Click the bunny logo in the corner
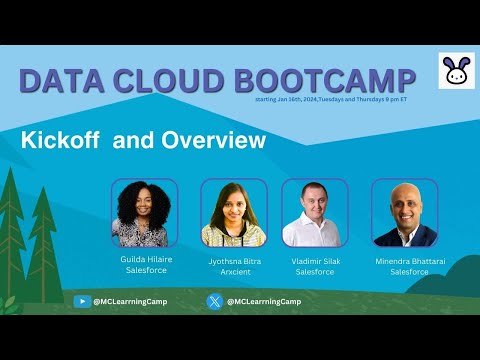coord(455,72)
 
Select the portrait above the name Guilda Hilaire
coord(144,213)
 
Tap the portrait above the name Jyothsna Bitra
coord(234,213)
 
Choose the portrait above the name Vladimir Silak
coord(314,213)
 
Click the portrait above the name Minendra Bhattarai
coord(404,213)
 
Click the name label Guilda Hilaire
coord(145,258)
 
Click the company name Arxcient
coord(234,270)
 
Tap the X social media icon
coord(214,301)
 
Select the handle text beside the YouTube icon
coord(130,301)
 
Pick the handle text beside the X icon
coord(264,301)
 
